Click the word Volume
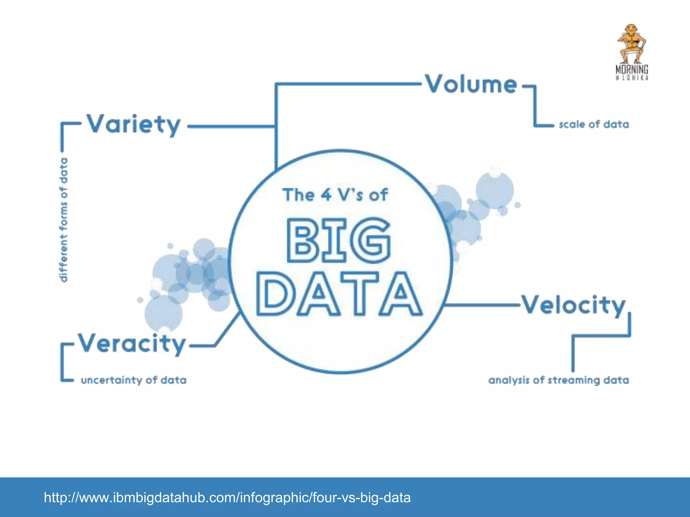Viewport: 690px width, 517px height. click(x=471, y=84)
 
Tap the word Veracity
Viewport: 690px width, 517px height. click(x=132, y=344)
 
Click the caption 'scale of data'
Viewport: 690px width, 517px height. click(x=594, y=125)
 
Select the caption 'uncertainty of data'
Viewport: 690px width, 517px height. click(x=134, y=380)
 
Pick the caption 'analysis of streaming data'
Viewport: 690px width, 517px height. click(x=559, y=380)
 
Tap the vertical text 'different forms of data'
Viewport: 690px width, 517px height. click(x=63, y=219)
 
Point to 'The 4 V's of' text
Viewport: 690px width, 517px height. click(x=335, y=195)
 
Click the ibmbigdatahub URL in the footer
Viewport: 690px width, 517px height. click(x=227, y=497)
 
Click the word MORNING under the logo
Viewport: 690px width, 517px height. click(x=632, y=69)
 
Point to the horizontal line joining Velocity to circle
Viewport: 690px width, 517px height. click(x=482, y=305)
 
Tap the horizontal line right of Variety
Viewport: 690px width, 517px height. click(x=231, y=127)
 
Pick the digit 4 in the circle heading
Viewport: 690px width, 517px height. click(x=326, y=195)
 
